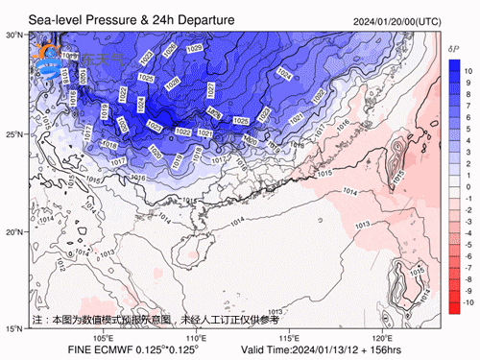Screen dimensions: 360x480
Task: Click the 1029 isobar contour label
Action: pos(194,48)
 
